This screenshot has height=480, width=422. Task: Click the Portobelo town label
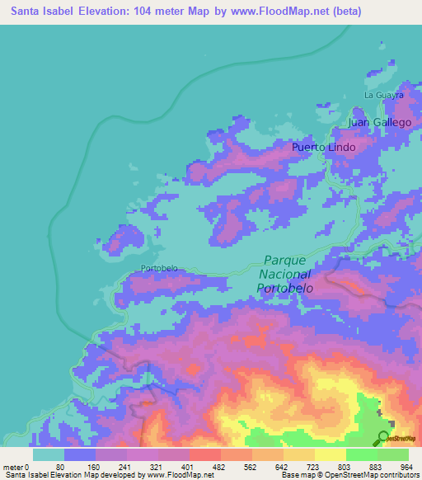[x=159, y=268]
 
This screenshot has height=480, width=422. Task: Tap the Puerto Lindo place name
[x=324, y=148]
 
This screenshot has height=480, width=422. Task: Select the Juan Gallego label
[x=379, y=122]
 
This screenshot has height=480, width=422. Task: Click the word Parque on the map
[x=284, y=259]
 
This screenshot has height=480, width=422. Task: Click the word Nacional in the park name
[x=284, y=273]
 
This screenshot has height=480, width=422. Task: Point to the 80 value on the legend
[x=60, y=466]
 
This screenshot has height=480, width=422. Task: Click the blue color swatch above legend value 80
[x=80, y=454]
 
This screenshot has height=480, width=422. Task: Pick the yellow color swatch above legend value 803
[x=331, y=454]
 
